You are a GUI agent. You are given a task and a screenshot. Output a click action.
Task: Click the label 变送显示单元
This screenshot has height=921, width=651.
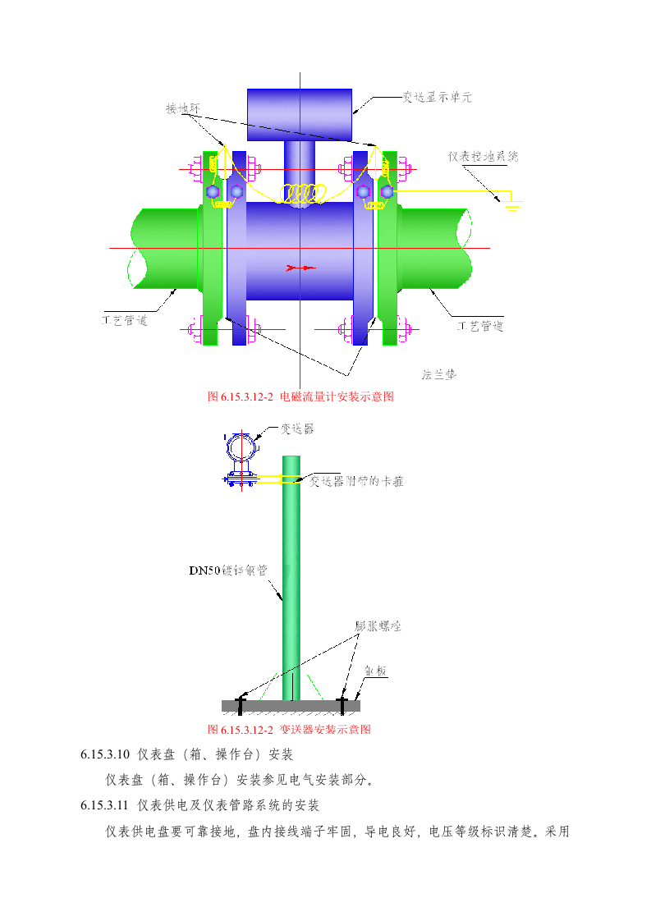436,97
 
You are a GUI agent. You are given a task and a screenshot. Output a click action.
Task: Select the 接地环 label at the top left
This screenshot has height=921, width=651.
183,108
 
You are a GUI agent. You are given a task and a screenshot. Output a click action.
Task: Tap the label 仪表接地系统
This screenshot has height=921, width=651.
483,156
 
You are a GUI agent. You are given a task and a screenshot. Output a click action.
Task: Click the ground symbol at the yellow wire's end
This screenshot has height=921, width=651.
513,206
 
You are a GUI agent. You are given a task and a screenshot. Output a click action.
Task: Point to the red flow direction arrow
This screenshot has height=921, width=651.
300,268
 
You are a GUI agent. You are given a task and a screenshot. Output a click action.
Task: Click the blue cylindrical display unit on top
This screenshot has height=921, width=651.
300,114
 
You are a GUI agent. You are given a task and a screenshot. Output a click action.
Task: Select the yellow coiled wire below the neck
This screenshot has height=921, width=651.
300,194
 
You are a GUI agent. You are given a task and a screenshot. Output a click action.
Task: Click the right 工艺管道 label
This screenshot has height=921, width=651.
479,326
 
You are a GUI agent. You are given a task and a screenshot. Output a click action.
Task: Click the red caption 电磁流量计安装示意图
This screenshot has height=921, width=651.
300,396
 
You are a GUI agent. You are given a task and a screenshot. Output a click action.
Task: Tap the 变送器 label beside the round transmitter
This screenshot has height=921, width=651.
296,428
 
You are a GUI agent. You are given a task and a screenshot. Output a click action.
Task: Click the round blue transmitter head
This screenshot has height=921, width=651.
242,448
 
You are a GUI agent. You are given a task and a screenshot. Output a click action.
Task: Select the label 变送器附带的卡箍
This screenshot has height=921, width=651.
356,481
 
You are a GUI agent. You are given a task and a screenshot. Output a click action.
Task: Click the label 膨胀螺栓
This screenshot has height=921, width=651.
378,625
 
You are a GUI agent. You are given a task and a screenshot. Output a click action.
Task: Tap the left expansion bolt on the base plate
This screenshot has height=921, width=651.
241,703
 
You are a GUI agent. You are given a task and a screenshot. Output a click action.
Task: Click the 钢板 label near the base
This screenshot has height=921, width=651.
376,671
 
